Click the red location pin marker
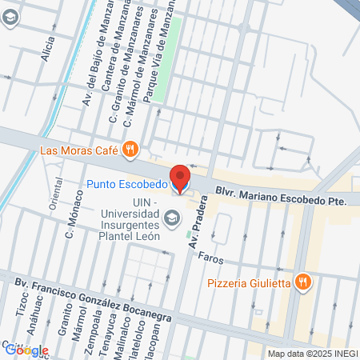point(180,178)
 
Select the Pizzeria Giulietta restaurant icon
point(302,282)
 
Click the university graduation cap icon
point(171,218)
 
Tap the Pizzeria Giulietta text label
point(248,282)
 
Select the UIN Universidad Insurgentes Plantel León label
point(130,219)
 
